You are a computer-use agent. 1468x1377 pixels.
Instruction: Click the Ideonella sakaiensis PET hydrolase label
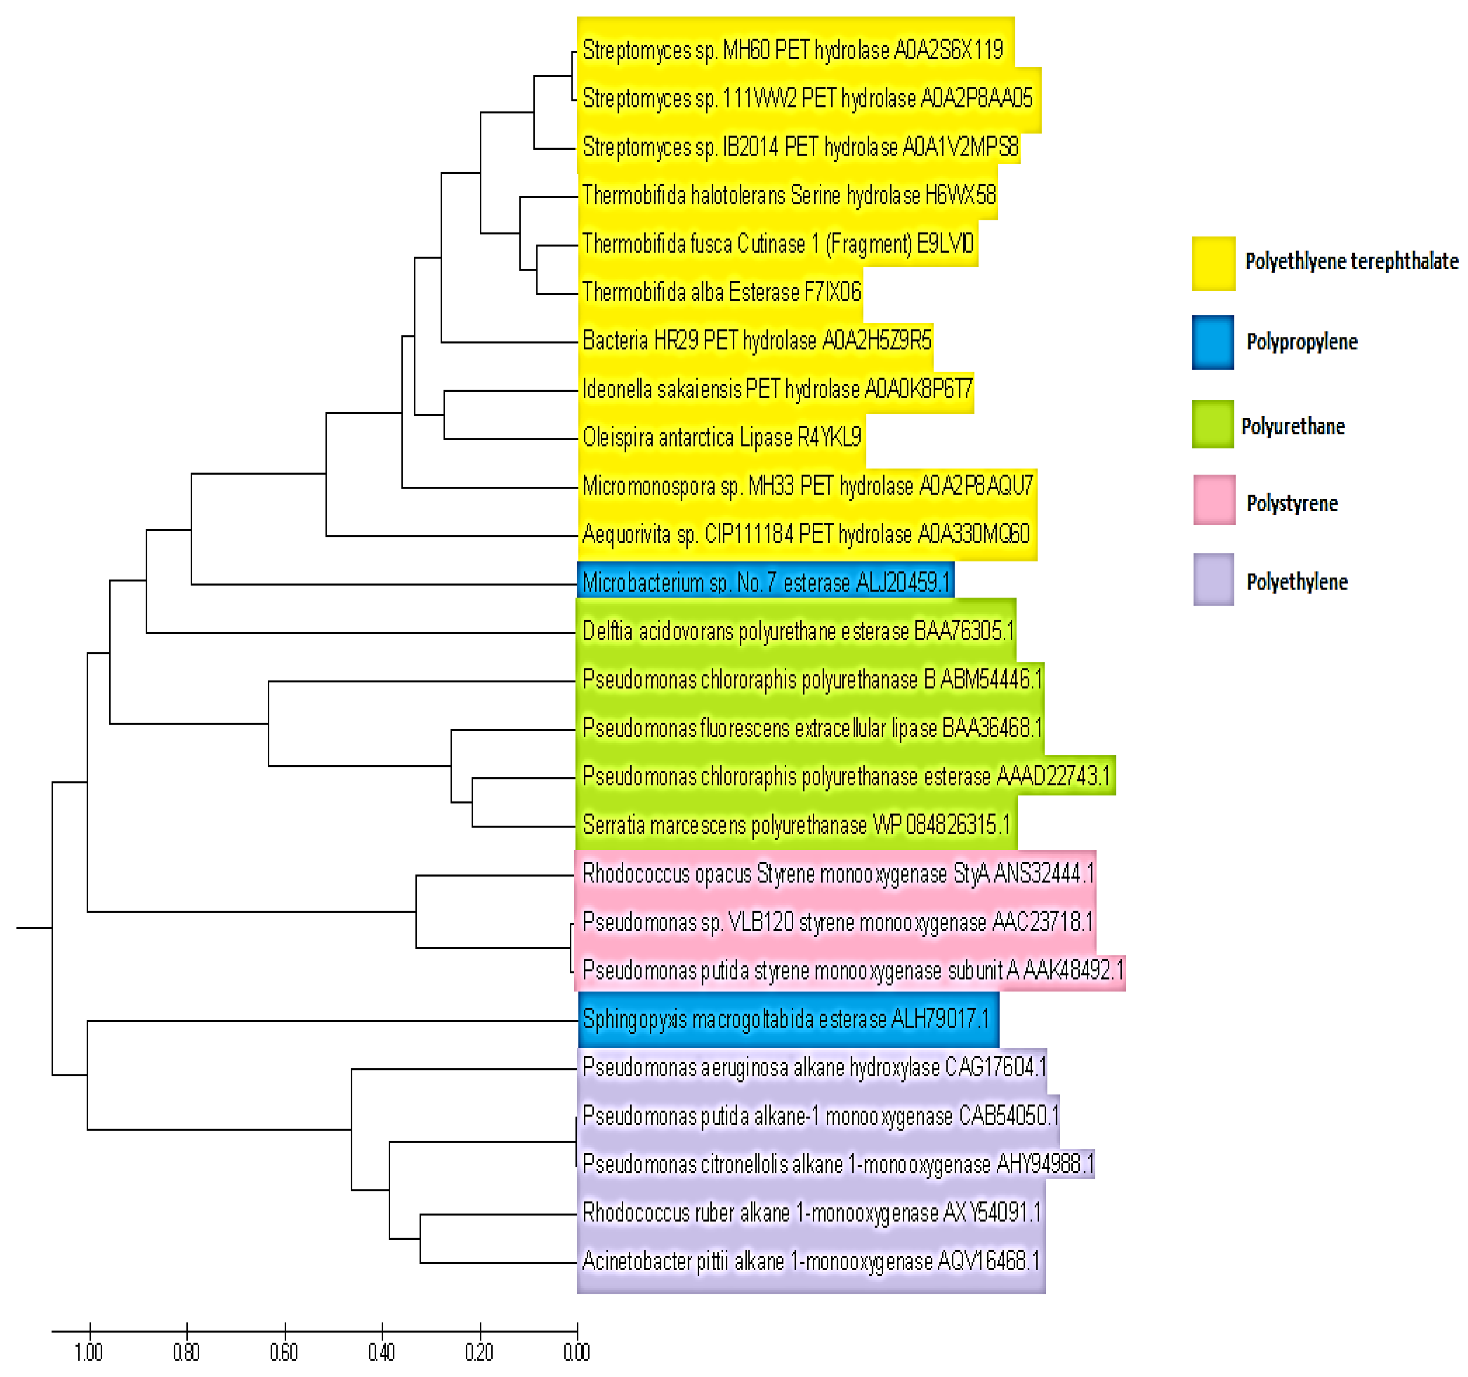(777, 389)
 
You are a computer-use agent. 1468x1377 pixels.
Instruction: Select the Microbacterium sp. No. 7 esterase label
(766, 583)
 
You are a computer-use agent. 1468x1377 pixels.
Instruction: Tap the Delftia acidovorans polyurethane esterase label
(798, 632)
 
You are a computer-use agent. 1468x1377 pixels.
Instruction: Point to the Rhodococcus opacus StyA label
(837, 874)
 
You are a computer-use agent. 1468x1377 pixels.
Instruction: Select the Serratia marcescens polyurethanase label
(796, 825)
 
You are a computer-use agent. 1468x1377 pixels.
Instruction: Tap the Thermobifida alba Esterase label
(722, 292)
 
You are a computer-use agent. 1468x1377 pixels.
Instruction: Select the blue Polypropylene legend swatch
(1213, 342)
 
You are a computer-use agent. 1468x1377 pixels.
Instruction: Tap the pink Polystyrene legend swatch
(1213, 500)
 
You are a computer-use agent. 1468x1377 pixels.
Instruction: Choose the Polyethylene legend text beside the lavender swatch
(1297, 582)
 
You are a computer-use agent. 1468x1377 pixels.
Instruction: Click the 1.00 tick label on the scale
(88, 1352)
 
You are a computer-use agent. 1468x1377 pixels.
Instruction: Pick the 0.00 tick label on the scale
(577, 1352)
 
